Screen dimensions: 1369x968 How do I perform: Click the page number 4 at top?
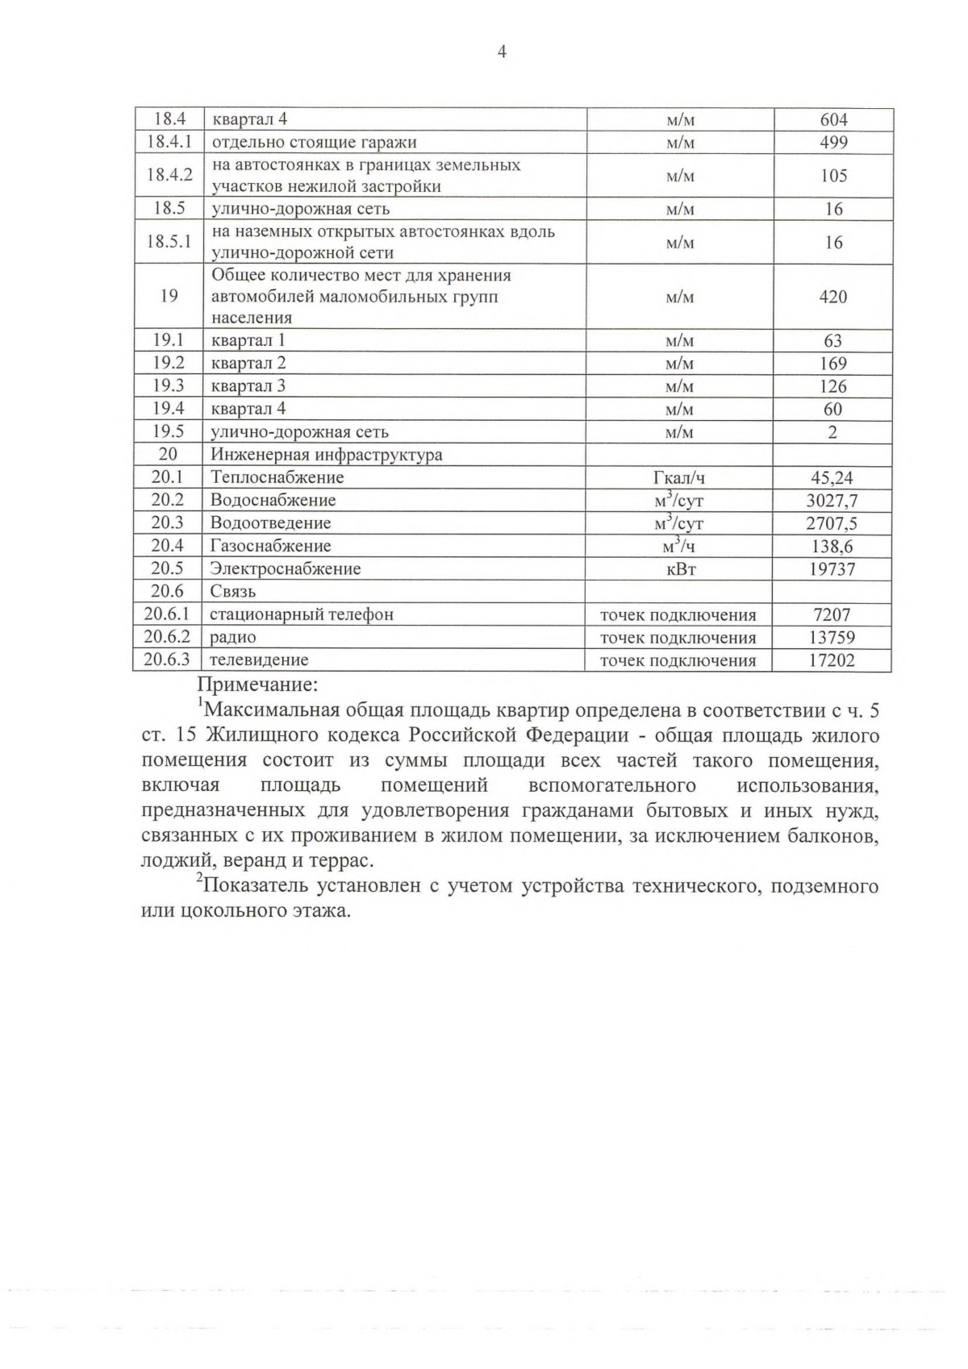502,53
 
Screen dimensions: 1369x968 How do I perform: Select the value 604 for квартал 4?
833,119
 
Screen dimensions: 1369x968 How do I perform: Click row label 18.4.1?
169,142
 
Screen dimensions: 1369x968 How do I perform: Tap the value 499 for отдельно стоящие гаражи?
833,143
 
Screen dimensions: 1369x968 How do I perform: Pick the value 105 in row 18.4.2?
833,176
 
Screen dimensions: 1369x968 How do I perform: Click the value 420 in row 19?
832,297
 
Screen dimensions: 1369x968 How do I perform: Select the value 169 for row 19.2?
832,364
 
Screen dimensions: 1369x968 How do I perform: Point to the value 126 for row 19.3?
832,386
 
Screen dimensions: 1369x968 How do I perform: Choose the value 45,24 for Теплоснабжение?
832,477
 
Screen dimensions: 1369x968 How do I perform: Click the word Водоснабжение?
273,500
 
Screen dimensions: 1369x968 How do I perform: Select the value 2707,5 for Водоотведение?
832,523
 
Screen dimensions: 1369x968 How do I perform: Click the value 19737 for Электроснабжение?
832,569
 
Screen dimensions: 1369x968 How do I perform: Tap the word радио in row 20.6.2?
233,638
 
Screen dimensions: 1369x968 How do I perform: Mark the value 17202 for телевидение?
832,660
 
